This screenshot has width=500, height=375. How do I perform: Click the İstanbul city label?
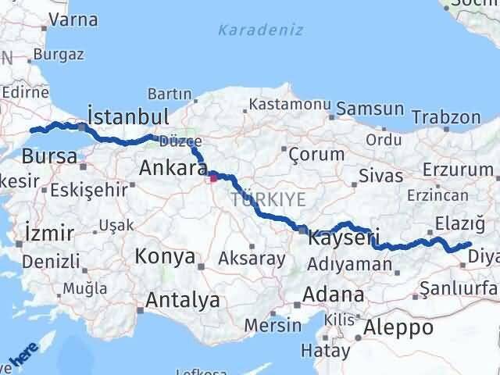128,117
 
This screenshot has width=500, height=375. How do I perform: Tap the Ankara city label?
173,167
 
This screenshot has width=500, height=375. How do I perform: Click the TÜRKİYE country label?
268,200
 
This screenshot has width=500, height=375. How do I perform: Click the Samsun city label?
370,110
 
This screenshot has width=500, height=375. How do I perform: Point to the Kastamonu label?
290,104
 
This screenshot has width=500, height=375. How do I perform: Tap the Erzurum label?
454,170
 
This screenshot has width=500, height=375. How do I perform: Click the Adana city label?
335,295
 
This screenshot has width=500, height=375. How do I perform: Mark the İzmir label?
49,233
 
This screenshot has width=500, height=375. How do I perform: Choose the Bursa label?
49,157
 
